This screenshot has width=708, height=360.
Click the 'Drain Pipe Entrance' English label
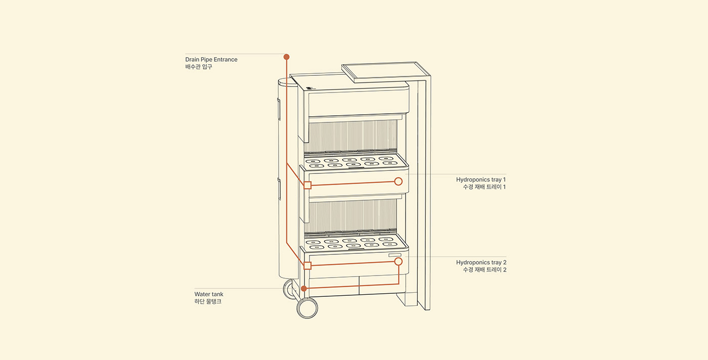point(211,60)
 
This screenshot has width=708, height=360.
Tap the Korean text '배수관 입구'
point(198,67)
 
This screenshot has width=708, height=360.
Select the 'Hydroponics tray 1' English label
point(481,179)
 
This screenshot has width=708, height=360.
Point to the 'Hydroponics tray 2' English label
point(481,262)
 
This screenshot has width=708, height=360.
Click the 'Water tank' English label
point(208,294)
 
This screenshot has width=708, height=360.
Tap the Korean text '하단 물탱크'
point(208,301)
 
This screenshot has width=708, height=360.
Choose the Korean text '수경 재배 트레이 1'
point(484,187)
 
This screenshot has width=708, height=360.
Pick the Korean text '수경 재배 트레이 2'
point(484,269)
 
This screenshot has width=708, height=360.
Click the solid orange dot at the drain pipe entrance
point(286,57)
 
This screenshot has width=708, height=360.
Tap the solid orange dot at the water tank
point(304,289)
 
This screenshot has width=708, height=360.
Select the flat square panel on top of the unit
point(385,72)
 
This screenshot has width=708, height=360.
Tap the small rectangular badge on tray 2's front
point(395,255)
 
